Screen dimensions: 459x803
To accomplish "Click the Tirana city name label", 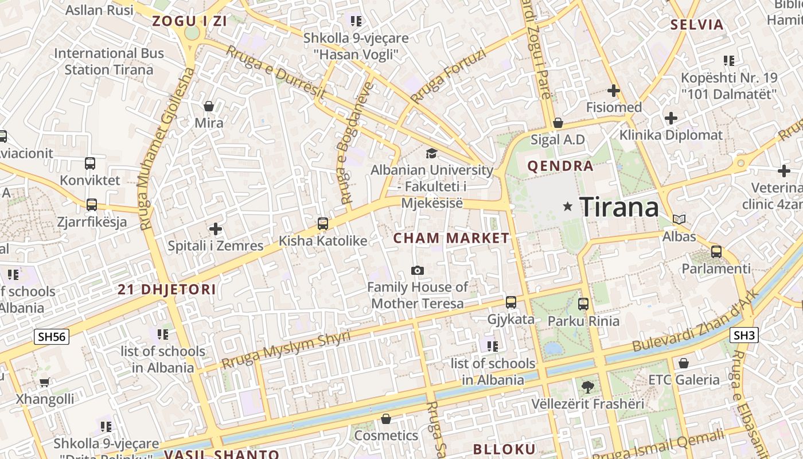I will point(619,207).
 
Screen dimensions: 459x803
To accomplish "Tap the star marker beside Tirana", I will point(568,206).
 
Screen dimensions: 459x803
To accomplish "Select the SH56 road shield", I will point(52,336).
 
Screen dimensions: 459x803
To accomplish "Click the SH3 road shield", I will point(744,335).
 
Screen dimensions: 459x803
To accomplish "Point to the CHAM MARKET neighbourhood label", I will point(451,238).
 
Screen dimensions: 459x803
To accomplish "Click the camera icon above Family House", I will point(418,270).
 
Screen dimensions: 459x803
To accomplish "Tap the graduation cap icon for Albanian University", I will point(431,153).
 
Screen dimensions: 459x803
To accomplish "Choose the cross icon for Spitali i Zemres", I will point(216,229).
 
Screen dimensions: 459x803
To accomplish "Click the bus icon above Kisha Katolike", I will point(323,224).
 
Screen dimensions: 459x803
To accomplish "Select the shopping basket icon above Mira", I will point(209,106).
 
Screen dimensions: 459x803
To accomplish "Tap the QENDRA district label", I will point(560,166).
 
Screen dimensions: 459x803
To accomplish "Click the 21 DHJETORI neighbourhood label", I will point(167,290).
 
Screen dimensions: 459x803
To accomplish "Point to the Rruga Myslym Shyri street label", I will point(286,349).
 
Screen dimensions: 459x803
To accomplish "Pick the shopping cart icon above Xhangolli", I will point(45,382).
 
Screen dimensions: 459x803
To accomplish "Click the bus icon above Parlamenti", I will point(716,251).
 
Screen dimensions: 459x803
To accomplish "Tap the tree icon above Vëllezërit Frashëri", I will point(587,386).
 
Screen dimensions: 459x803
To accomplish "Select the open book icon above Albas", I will point(679,219).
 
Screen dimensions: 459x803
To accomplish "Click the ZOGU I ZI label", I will point(190,22).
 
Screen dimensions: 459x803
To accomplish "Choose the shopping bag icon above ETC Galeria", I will point(683,363).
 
